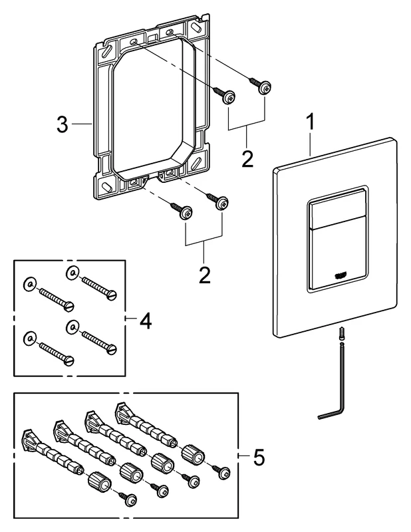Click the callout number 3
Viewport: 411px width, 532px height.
click(x=62, y=124)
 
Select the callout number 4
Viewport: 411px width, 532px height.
click(x=146, y=321)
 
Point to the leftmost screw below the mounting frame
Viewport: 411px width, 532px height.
click(x=182, y=211)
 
